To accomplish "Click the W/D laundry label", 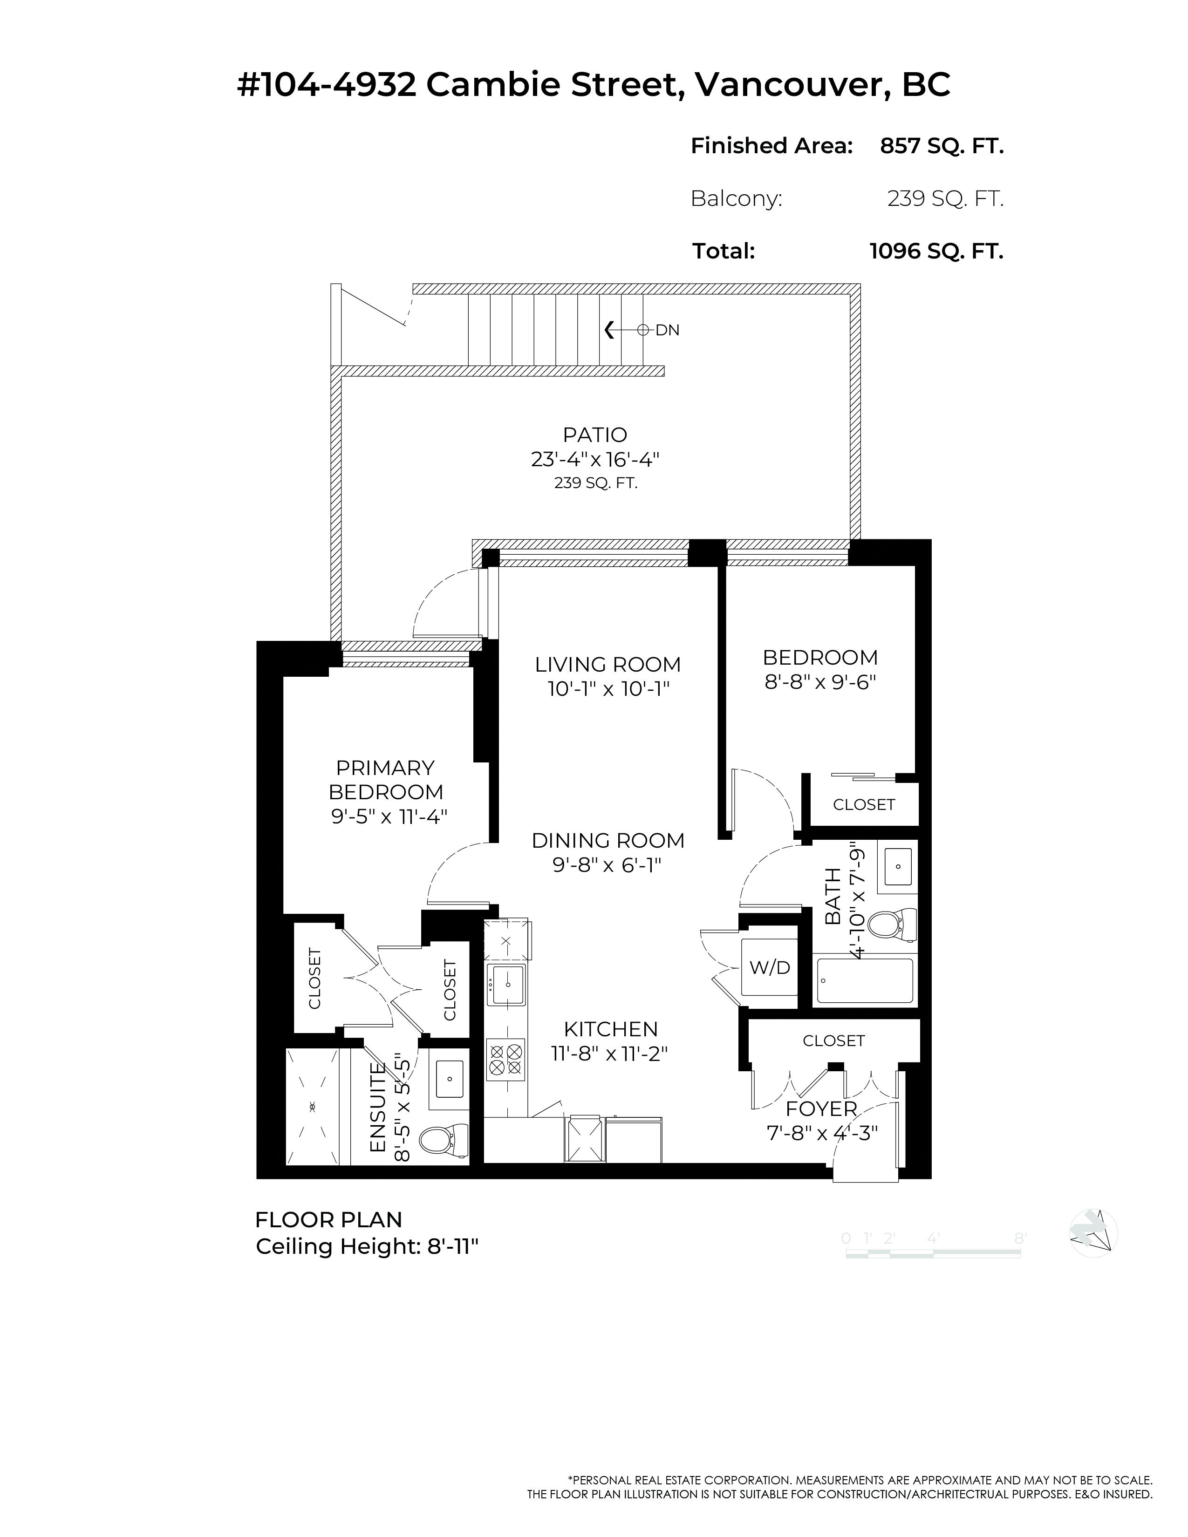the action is tap(769, 968).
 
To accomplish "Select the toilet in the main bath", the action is tap(893, 925).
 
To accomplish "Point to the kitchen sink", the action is tap(506, 984).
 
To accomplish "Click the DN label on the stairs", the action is tap(667, 330).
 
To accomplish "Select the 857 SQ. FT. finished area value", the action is tap(942, 146).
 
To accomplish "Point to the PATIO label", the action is tap(595, 435).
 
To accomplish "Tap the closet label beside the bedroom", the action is tap(864, 804).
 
